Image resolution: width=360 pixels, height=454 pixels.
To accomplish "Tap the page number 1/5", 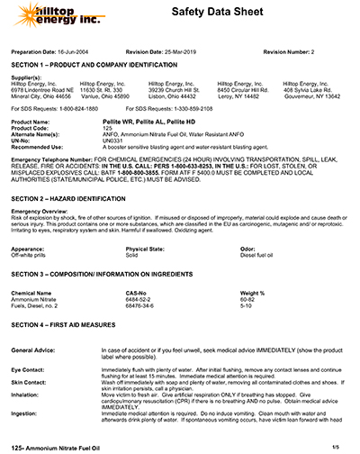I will tap(336, 446).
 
